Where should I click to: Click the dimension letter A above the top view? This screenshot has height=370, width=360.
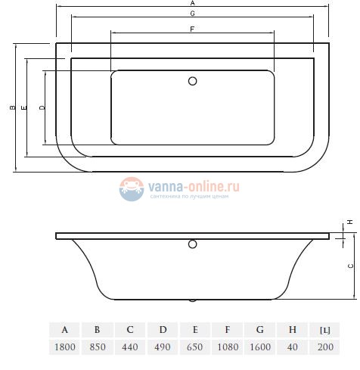192,4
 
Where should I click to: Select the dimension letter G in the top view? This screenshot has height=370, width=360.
192,14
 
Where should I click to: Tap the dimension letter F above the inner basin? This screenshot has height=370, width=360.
192,29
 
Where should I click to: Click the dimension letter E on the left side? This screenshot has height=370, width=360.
25,109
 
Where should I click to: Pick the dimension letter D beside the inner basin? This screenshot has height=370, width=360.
42,109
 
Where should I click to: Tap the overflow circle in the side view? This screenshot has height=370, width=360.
192,244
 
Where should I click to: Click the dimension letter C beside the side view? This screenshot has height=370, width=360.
349,266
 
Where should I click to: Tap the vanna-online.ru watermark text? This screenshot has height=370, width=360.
194,184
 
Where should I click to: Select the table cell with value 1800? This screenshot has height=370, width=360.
65,348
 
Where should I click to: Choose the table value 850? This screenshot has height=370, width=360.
98,348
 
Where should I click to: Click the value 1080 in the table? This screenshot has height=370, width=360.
228,348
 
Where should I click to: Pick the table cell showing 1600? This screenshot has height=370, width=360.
260,348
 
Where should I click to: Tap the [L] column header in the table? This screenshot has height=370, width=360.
325,329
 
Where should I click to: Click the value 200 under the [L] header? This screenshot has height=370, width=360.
325,348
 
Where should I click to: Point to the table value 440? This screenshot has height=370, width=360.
130,348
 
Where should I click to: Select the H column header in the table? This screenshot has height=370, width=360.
293,329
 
